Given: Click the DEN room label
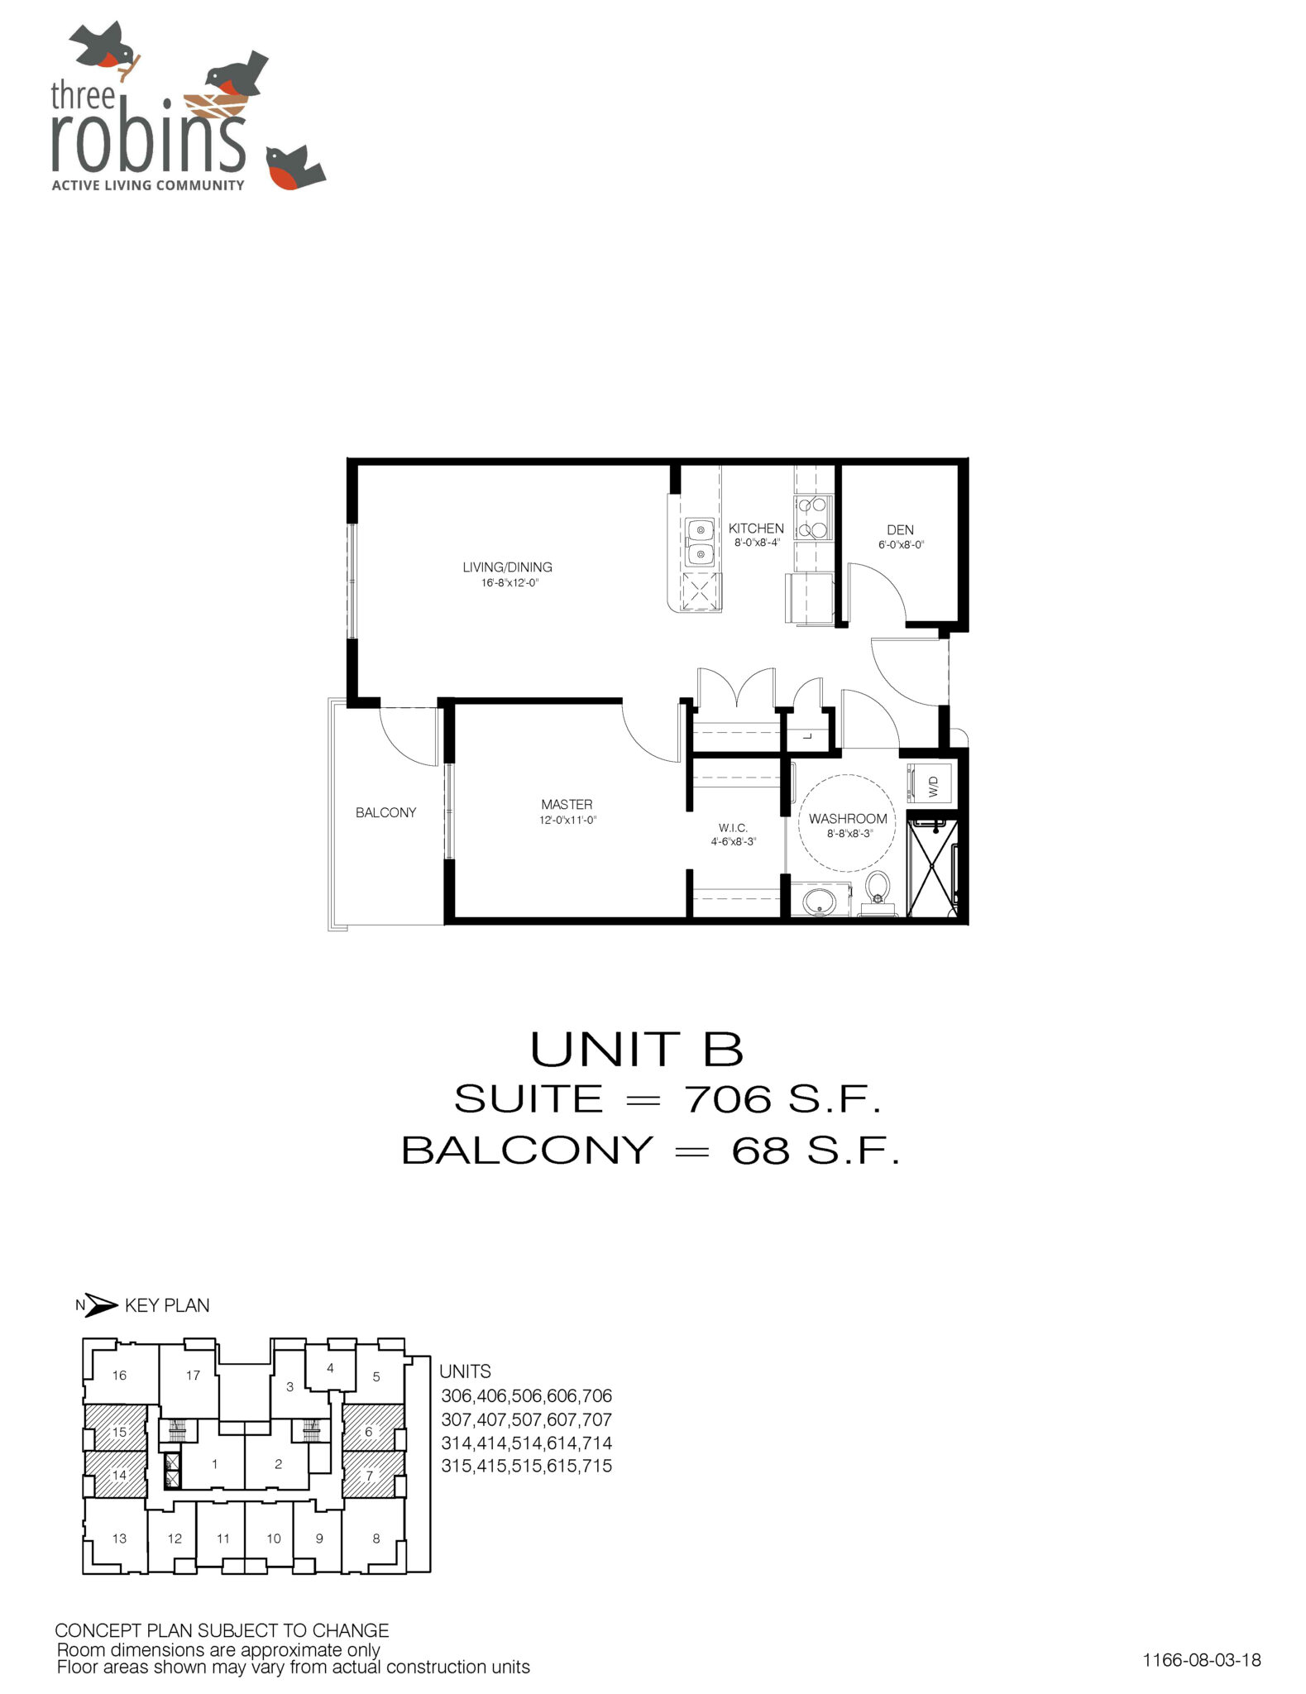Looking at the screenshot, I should tap(900, 530).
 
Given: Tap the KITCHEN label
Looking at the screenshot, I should tap(756, 529).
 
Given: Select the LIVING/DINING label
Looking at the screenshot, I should tap(507, 567).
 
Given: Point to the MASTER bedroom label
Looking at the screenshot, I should tap(567, 804).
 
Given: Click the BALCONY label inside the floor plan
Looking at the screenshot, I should tap(385, 812).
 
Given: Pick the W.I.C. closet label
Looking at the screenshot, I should tap(733, 828).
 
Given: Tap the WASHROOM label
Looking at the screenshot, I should tap(848, 819).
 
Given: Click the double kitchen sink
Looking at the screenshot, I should tap(700, 541).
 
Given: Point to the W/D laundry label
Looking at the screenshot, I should tap(934, 787).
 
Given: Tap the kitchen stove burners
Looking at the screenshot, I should tap(813, 518).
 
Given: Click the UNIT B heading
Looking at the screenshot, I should tap(636, 1050).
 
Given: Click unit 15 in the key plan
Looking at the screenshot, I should tap(119, 1432).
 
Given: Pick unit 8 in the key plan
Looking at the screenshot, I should tap(376, 1538).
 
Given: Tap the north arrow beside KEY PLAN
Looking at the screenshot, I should tap(101, 1305).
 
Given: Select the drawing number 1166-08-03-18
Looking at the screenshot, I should tap(1202, 1659).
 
